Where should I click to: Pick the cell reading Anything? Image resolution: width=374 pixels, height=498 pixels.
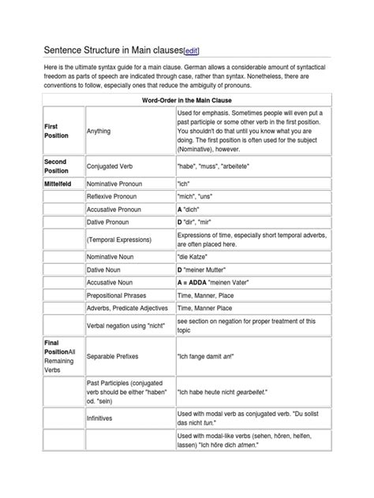(x=99, y=132)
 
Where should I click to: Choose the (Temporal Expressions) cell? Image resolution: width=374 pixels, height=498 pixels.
(x=121, y=244)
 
